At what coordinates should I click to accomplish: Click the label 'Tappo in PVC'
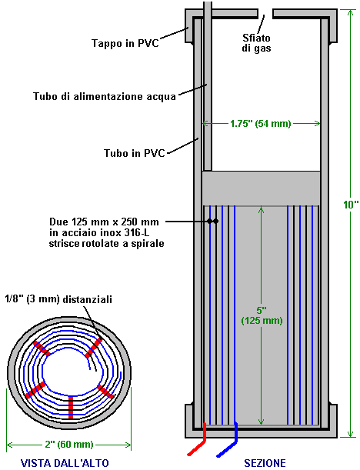(x=125, y=43)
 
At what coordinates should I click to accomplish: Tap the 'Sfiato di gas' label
(x=257, y=43)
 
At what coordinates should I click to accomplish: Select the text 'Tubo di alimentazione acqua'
(x=105, y=96)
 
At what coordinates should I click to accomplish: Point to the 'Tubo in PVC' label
(x=135, y=153)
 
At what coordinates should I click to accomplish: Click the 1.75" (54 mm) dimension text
(x=261, y=124)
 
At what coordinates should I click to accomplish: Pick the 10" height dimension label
(x=351, y=205)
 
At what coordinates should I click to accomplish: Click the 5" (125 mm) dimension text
(x=262, y=315)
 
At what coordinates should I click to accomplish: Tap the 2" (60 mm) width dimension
(x=69, y=444)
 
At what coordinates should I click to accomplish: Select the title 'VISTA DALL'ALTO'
(x=65, y=463)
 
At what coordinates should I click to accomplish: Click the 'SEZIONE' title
(x=265, y=463)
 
